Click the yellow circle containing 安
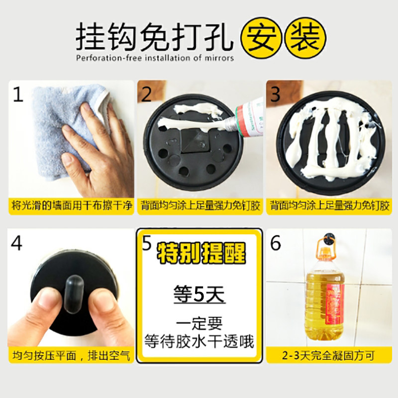261,38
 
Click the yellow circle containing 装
305,38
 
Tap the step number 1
18,95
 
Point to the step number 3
276,95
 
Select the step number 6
276,243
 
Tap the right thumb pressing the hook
109,315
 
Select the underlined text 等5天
199,295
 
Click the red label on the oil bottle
334,304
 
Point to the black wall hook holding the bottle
330,239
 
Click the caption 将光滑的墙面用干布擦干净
72,205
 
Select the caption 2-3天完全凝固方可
328,356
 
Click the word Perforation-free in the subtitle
109,58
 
